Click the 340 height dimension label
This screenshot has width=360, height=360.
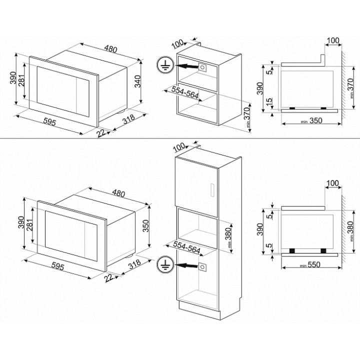coord(137,81)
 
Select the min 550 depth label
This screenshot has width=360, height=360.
coord(310,264)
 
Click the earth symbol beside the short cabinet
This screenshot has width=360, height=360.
coord(165,65)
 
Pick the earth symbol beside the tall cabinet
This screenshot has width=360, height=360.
coord(165,264)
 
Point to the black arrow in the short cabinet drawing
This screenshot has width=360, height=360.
coord(186,66)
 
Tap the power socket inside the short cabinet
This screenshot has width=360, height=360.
coord(202,67)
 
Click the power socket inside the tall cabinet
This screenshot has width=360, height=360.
coord(202,267)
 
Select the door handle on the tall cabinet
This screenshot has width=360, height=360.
coord(212,190)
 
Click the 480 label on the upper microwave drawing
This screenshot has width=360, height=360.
coord(110,49)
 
